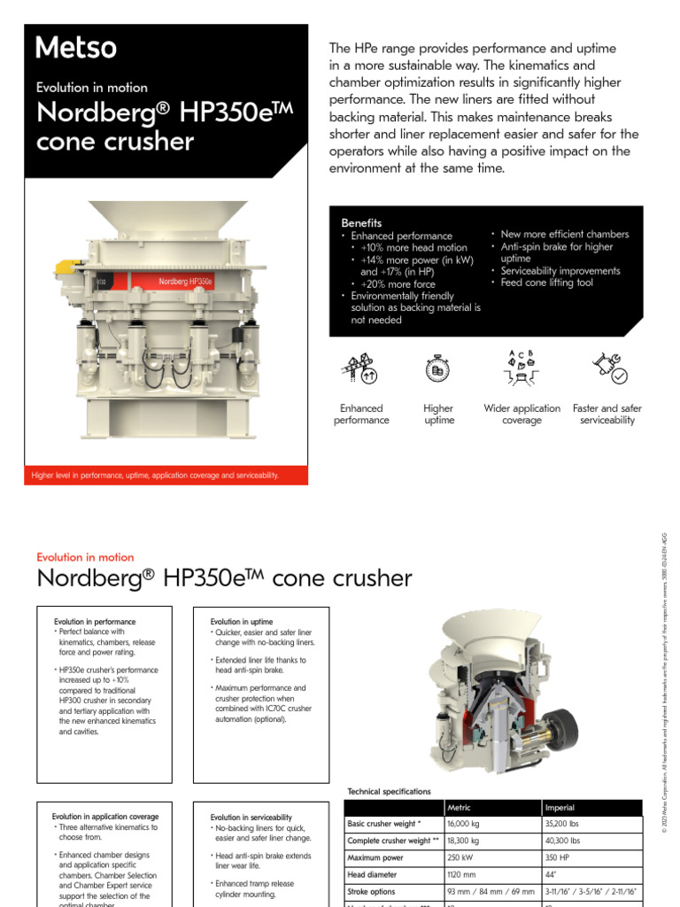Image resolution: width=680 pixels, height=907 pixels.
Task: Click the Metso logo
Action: point(76,48)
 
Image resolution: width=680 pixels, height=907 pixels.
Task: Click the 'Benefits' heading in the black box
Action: point(361,223)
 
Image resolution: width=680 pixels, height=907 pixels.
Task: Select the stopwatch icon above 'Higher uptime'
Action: point(438,368)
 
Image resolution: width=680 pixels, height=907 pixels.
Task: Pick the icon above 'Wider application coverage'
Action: point(522,368)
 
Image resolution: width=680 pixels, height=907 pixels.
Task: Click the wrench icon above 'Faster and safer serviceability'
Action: point(608,368)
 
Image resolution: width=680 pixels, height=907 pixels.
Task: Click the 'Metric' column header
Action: point(460,808)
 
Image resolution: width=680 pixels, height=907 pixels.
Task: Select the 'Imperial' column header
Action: point(560,808)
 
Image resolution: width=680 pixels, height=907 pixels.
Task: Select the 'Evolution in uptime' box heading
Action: point(241,622)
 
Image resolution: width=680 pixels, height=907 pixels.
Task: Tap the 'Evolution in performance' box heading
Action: point(95,622)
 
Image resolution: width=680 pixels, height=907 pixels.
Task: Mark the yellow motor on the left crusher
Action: point(65,266)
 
